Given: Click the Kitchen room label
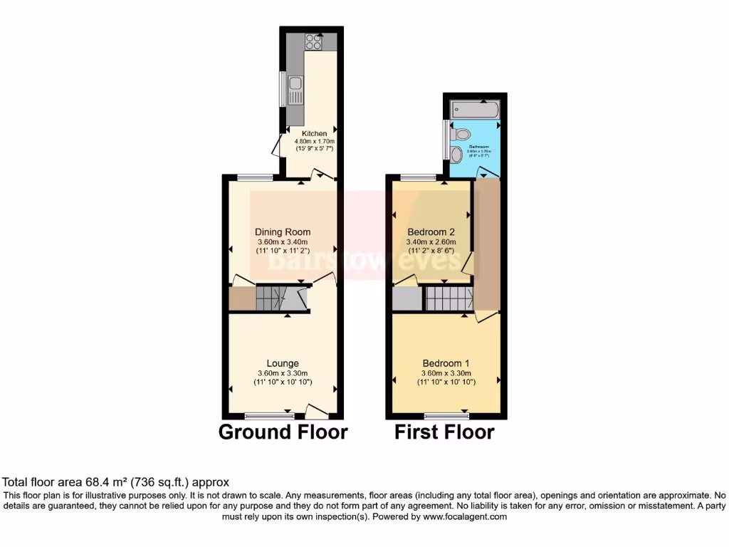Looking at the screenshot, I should [314, 133].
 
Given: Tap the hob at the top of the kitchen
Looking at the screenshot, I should [315, 41].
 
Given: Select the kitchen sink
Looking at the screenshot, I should [294, 91].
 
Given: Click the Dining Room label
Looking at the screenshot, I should [283, 232].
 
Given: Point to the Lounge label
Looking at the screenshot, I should [283, 363].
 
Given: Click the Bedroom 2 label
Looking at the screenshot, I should [431, 232].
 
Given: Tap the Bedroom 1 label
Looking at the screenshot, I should [446, 363].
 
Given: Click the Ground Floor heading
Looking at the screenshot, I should [283, 432].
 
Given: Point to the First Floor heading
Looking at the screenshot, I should [445, 432].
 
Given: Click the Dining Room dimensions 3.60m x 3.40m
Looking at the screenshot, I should [283, 242].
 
